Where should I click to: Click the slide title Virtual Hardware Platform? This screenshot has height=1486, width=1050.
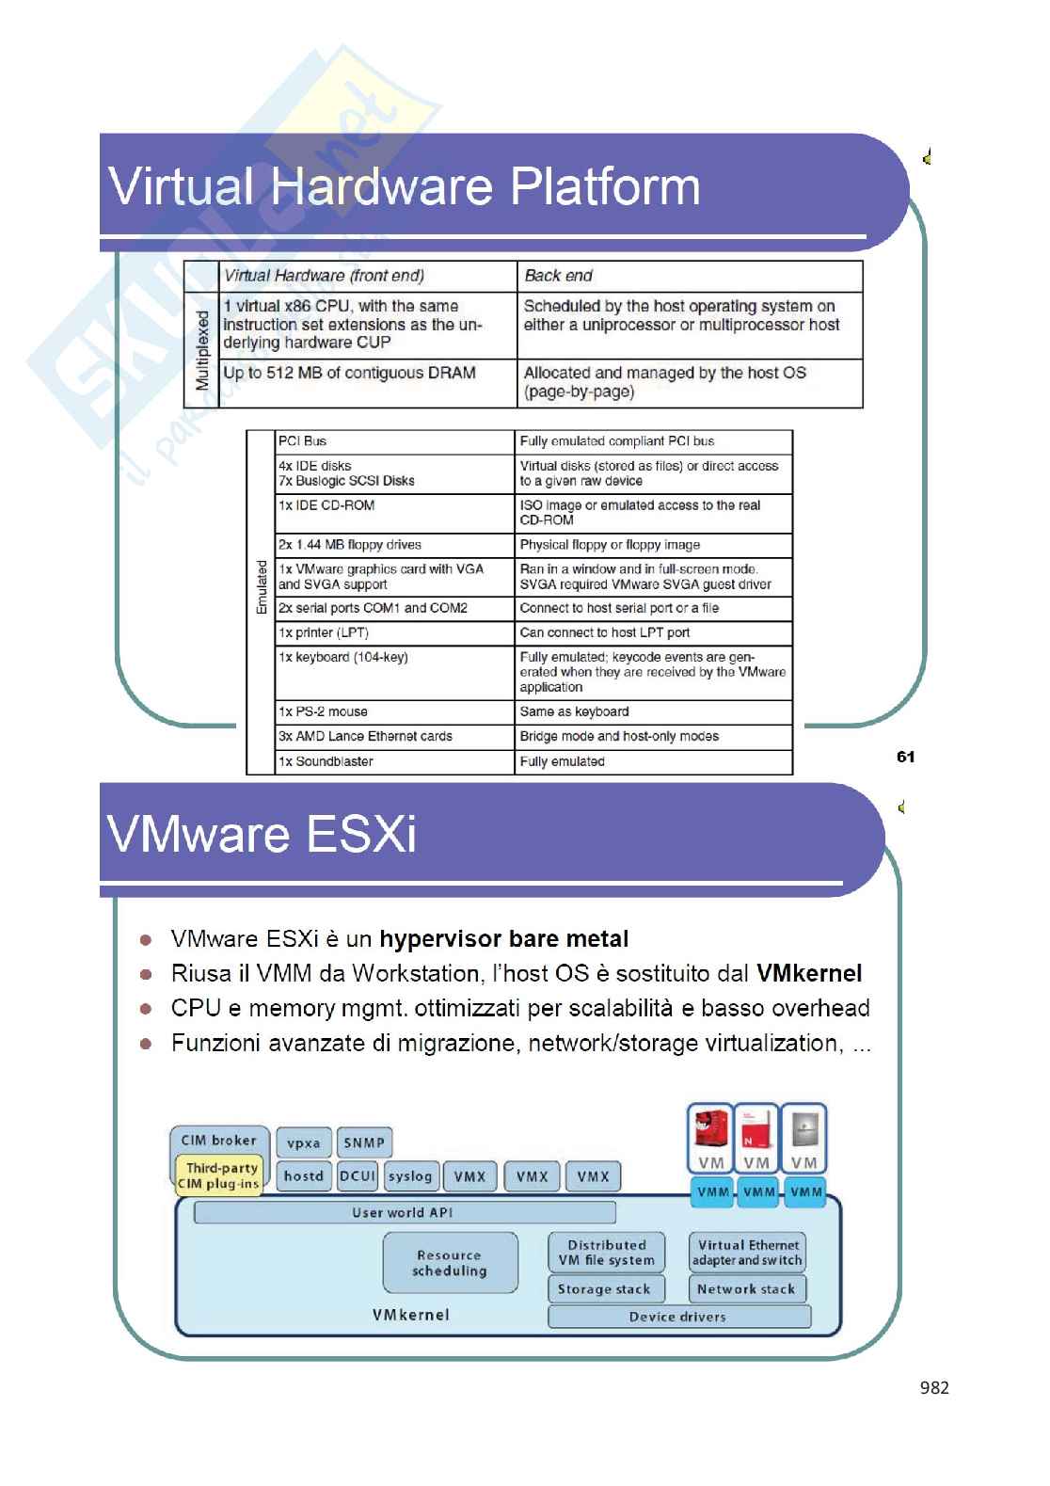pyautogui.click(x=405, y=186)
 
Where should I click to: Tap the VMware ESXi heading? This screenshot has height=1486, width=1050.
pyautogui.click(x=262, y=835)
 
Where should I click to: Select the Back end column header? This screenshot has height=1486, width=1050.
pyautogui.click(x=559, y=276)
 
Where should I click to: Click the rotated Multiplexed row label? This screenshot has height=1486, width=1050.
pyautogui.click(x=202, y=350)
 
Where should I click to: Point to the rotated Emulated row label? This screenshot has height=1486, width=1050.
pyautogui.click(x=262, y=588)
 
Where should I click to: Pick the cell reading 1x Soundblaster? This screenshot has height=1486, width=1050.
pyautogui.click(x=326, y=761)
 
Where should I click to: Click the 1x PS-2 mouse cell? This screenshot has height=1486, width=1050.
pyautogui.click(x=323, y=711)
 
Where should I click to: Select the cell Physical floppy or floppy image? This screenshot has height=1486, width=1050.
pyautogui.click(x=610, y=545)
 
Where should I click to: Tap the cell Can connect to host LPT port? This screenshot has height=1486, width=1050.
pyautogui.click(x=605, y=632)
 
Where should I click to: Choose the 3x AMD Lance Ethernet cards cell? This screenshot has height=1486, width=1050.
pyautogui.click(x=365, y=736)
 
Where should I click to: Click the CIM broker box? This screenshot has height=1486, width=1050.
pyautogui.click(x=218, y=1140)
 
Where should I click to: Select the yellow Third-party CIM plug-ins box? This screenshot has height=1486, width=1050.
pyautogui.click(x=220, y=1175)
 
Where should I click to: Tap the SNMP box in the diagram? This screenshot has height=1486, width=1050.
pyautogui.click(x=364, y=1142)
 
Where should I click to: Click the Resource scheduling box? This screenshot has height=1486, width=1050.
pyautogui.click(x=450, y=1263)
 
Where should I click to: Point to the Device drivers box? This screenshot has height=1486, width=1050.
pyautogui.click(x=677, y=1317)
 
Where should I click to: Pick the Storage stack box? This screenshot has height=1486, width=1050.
pyautogui.click(x=604, y=1289)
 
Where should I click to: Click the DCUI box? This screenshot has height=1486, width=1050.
pyautogui.click(x=358, y=1176)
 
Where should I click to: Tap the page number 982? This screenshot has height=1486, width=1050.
pyautogui.click(x=934, y=1387)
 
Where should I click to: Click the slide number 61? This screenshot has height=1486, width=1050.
pyautogui.click(x=906, y=757)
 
